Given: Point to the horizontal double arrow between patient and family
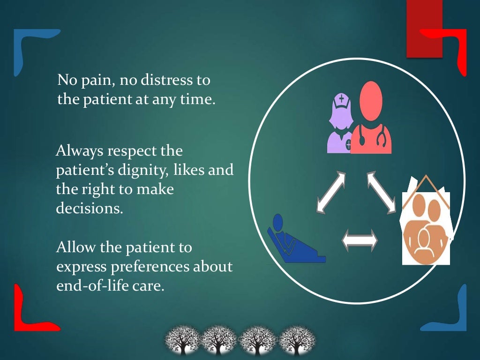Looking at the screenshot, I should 360,240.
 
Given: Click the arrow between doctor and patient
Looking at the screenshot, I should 331,193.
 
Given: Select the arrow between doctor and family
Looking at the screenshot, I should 381,192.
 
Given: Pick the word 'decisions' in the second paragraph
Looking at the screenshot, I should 89,208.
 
